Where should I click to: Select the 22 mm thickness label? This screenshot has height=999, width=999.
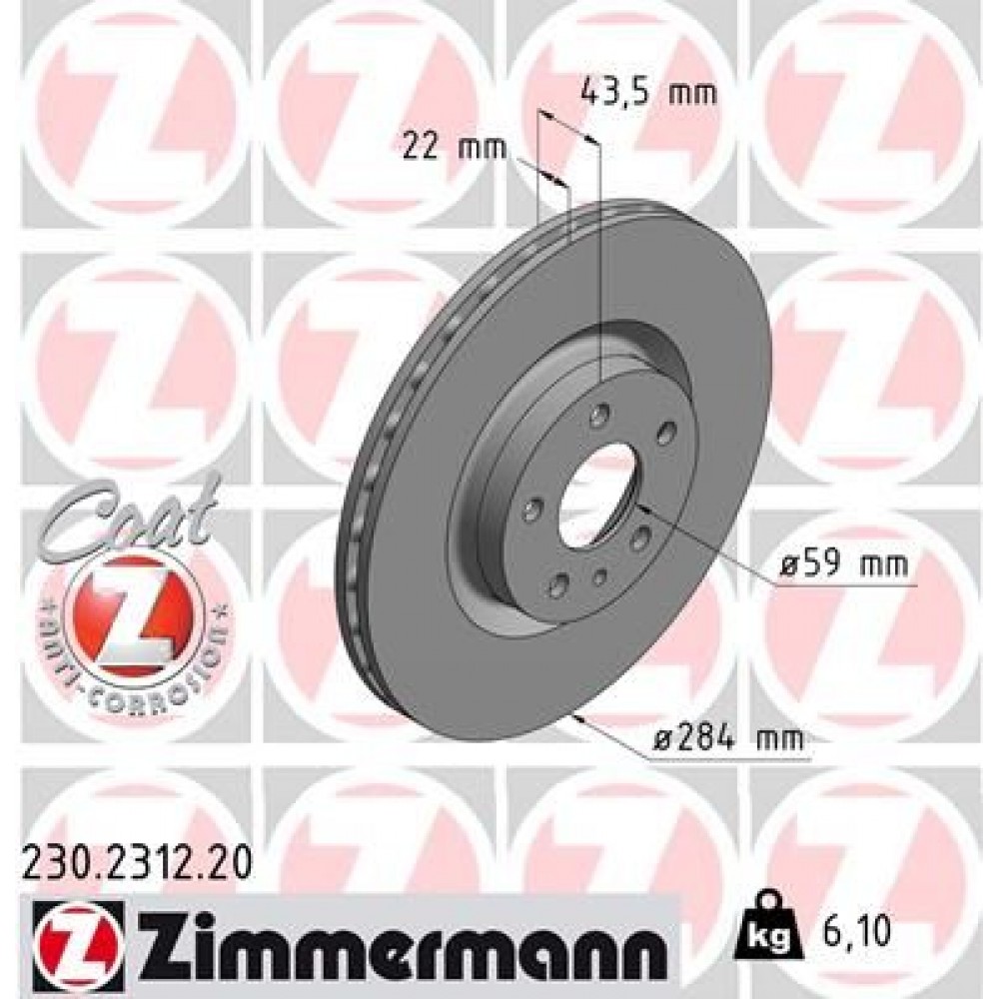point(455,148)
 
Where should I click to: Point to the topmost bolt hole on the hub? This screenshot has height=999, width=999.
point(598,412)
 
